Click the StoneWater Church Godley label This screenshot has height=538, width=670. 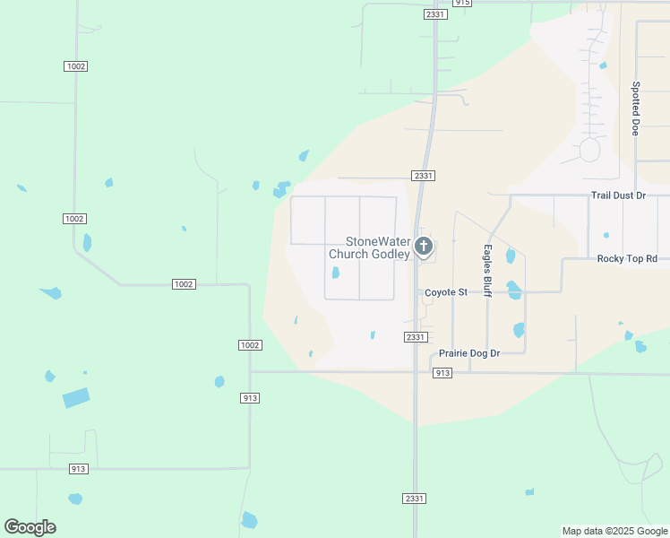369,248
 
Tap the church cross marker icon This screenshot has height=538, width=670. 424,246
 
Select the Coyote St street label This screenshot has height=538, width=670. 446,292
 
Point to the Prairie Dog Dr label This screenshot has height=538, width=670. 469,353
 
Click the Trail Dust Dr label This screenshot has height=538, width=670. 618,195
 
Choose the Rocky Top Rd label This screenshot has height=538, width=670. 627,258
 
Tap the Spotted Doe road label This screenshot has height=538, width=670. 635,108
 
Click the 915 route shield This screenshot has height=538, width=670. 461,3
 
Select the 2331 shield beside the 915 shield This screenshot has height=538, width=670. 435,14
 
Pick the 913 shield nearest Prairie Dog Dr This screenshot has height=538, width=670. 442,372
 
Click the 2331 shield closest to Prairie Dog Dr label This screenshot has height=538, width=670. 414,337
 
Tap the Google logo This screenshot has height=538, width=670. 30,527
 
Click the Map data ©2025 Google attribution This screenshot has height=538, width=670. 614,531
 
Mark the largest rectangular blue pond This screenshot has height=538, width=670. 76,397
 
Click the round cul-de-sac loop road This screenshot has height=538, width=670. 589,150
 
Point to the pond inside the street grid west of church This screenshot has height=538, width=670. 336,273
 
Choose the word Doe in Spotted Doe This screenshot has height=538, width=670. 635,126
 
